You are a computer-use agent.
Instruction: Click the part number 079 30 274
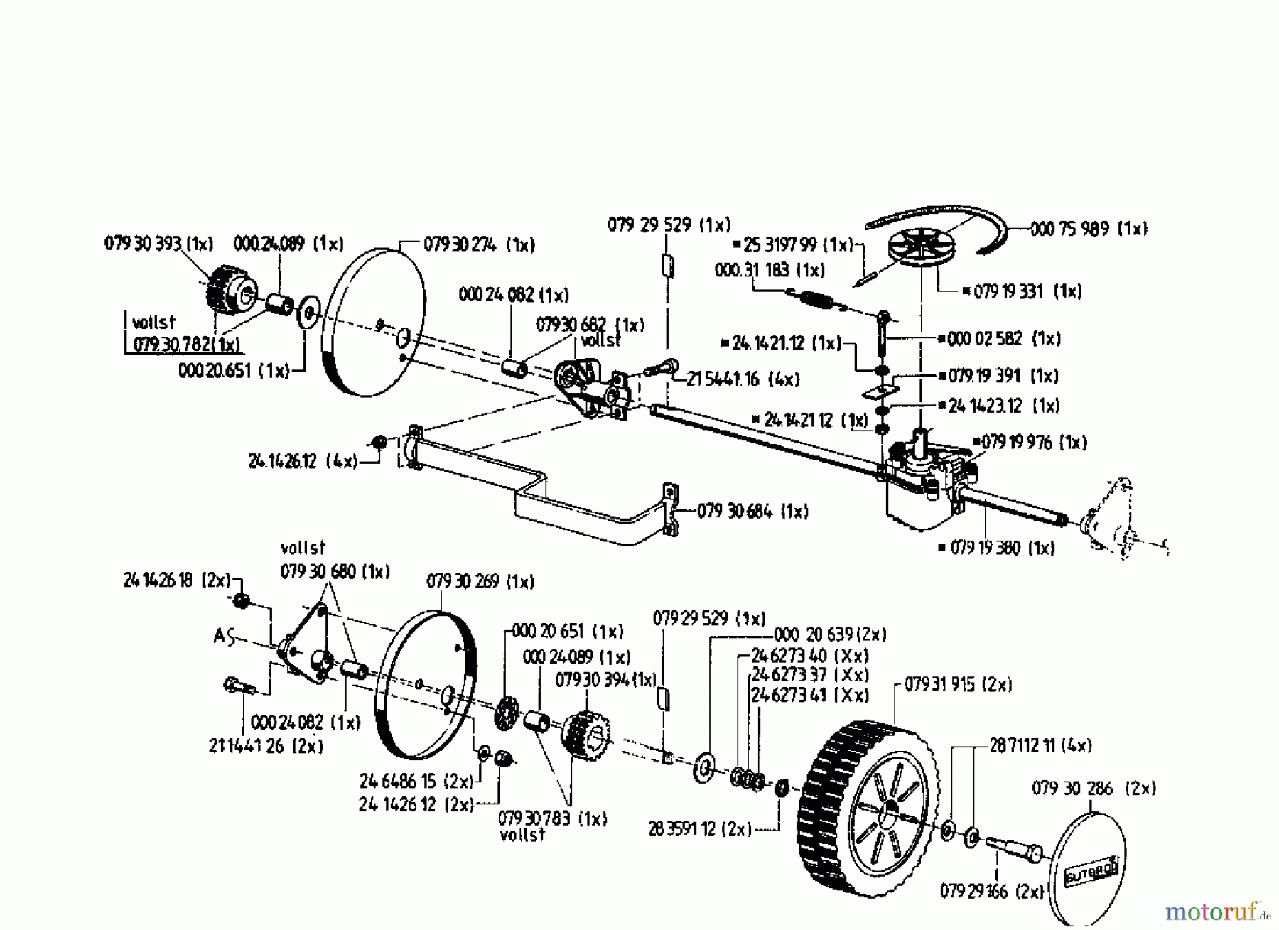(x=479, y=245)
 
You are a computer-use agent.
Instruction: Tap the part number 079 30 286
(x=1093, y=788)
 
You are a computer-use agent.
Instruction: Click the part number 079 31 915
(x=958, y=685)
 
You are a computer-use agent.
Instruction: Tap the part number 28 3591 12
(x=699, y=829)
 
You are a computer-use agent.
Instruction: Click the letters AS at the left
(x=225, y=636)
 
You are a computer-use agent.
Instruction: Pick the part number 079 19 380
(x=995, y=548)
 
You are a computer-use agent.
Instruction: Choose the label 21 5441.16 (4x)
(x=743, y=379)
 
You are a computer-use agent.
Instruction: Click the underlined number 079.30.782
(x=186, y=345)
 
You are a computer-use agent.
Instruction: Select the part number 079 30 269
(x=480, y=582)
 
